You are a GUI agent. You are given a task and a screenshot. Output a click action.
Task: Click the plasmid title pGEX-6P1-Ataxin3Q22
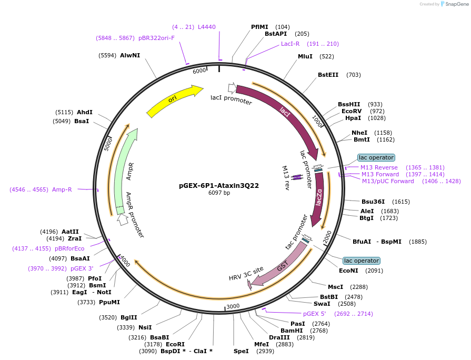(219, 185)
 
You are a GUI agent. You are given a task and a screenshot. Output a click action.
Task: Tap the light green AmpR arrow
(125, 168)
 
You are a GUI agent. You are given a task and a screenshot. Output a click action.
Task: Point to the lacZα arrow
(318, 200)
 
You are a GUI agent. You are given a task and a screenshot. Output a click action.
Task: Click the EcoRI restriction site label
(175, 344)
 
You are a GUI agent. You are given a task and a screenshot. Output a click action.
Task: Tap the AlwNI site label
(129, 55)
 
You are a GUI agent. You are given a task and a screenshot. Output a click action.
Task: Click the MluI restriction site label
(305, 56)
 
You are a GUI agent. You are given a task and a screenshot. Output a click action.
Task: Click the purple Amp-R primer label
(62, 189)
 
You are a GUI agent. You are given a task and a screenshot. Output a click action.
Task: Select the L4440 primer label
(206, 27)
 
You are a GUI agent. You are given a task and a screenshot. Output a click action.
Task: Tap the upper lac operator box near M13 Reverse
(376, 157)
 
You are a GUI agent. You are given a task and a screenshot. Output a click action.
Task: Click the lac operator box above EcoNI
(360, 261)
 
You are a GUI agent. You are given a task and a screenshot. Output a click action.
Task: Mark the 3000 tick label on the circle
(233, 306)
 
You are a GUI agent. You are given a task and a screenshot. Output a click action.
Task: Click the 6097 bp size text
(219, 193)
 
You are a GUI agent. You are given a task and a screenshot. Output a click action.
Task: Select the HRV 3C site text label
(246, 274)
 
